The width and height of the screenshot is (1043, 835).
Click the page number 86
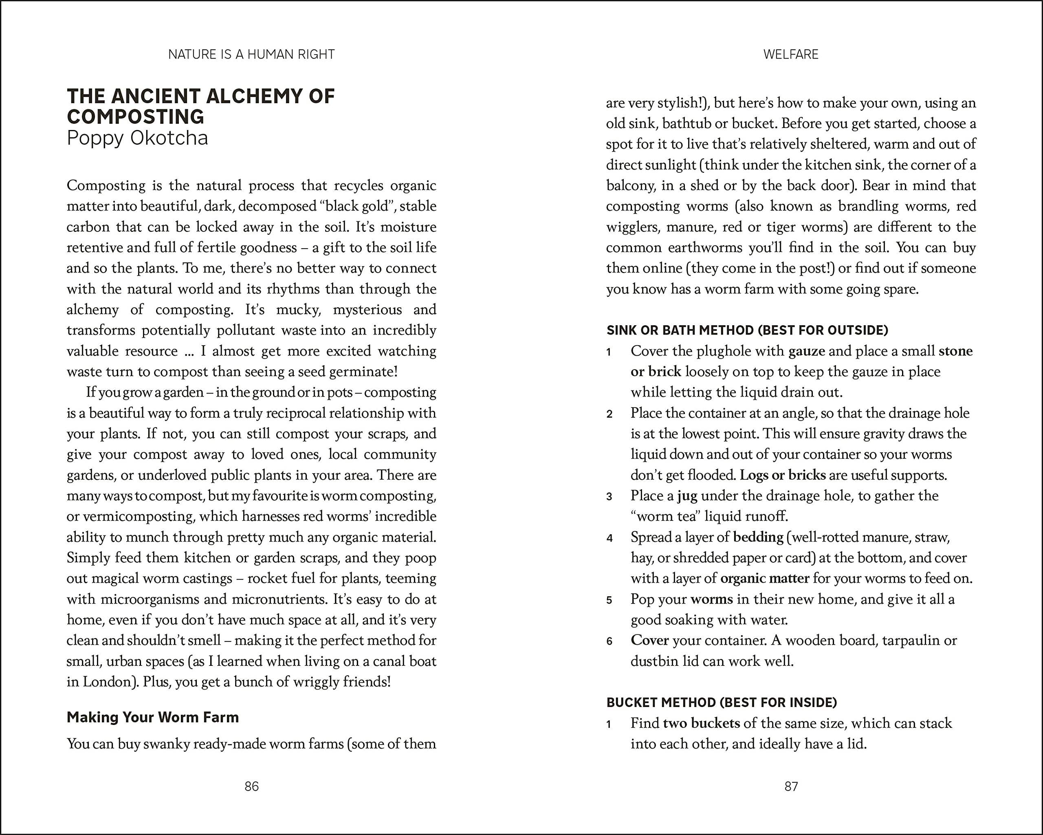click(x=251, y=787)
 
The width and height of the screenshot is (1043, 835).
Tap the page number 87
click(x=791, y=787)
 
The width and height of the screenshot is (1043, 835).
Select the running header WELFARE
click(x=791, y=54)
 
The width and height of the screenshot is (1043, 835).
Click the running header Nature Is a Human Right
click(x=251, y=54)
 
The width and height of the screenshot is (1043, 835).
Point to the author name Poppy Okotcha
click(x=137, y=138)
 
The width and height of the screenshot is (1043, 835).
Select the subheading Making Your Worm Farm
click(x=153, y=717)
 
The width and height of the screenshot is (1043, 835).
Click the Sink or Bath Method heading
click(x=748, y=330)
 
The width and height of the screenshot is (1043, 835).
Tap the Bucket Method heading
click(x=722, y=703)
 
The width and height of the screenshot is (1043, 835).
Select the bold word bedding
click(x=758, y=537)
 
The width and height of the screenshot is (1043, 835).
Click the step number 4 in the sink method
click(x=610, y=538)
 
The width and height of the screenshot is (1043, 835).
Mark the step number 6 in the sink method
click(x=610, y=641)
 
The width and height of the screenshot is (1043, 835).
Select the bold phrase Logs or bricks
click(x=783, y=475)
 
